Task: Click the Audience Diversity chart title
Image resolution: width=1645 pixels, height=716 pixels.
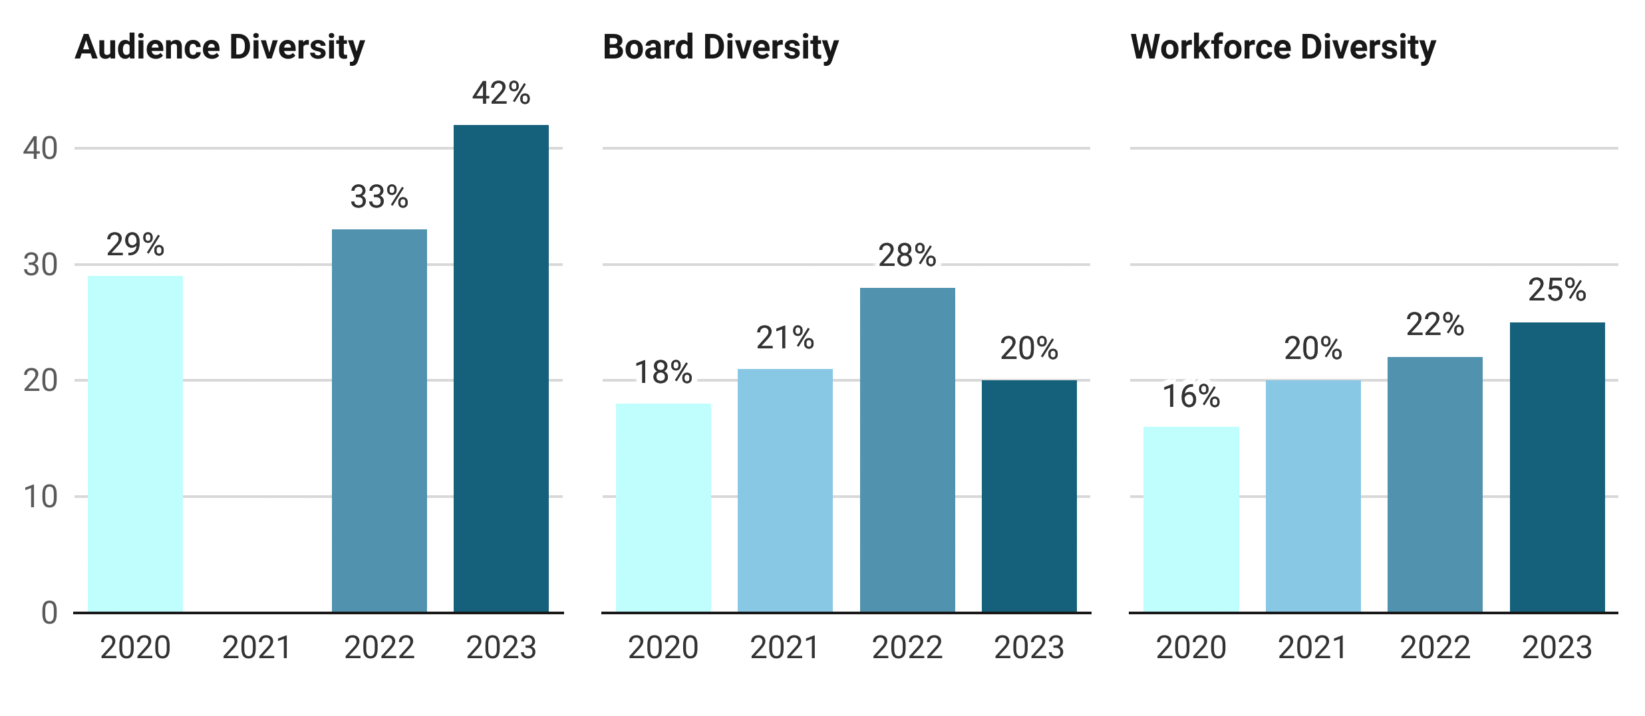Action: [x=220, y=48]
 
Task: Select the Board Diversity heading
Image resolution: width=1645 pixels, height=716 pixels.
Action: [x=720, y=48]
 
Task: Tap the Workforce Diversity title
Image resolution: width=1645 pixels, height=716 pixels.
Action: [x=1282, y=48]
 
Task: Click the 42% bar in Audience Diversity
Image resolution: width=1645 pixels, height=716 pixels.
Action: [x=501, y=369]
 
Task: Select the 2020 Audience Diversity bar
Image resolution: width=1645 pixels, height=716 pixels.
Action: [x=135, y=444]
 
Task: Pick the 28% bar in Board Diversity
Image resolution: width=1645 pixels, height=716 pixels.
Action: [x=907, y=450]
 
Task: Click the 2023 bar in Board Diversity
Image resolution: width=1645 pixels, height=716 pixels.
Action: [x=1029, y=496]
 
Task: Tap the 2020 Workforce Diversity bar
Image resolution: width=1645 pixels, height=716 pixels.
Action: [x=1191, y=519]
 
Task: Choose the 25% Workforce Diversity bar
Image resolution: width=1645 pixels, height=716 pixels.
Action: [x=1557, y=467]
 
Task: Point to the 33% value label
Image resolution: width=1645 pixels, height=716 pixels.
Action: [x=379, y=197]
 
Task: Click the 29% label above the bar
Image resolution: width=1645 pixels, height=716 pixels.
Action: [x=135, y=245]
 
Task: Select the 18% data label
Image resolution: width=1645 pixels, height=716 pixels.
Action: [x=663, y=372]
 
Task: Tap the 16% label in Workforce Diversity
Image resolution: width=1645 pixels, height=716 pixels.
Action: [x=1191, y=397]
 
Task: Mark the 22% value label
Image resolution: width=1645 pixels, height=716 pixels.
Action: [x=1435, y=325]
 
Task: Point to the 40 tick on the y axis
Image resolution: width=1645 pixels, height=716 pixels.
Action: [x=40, y=148]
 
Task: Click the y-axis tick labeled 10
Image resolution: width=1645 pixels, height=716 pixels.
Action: [x=40, y=497]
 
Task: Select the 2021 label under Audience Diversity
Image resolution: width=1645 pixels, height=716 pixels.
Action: [x=257, y=648]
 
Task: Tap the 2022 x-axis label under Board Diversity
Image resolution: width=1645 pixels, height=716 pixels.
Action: [x=907, y=648]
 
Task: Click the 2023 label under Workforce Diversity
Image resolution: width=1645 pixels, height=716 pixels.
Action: [x=1557, y=648]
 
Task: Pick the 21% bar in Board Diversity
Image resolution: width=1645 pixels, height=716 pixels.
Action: [x=785, y=491]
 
